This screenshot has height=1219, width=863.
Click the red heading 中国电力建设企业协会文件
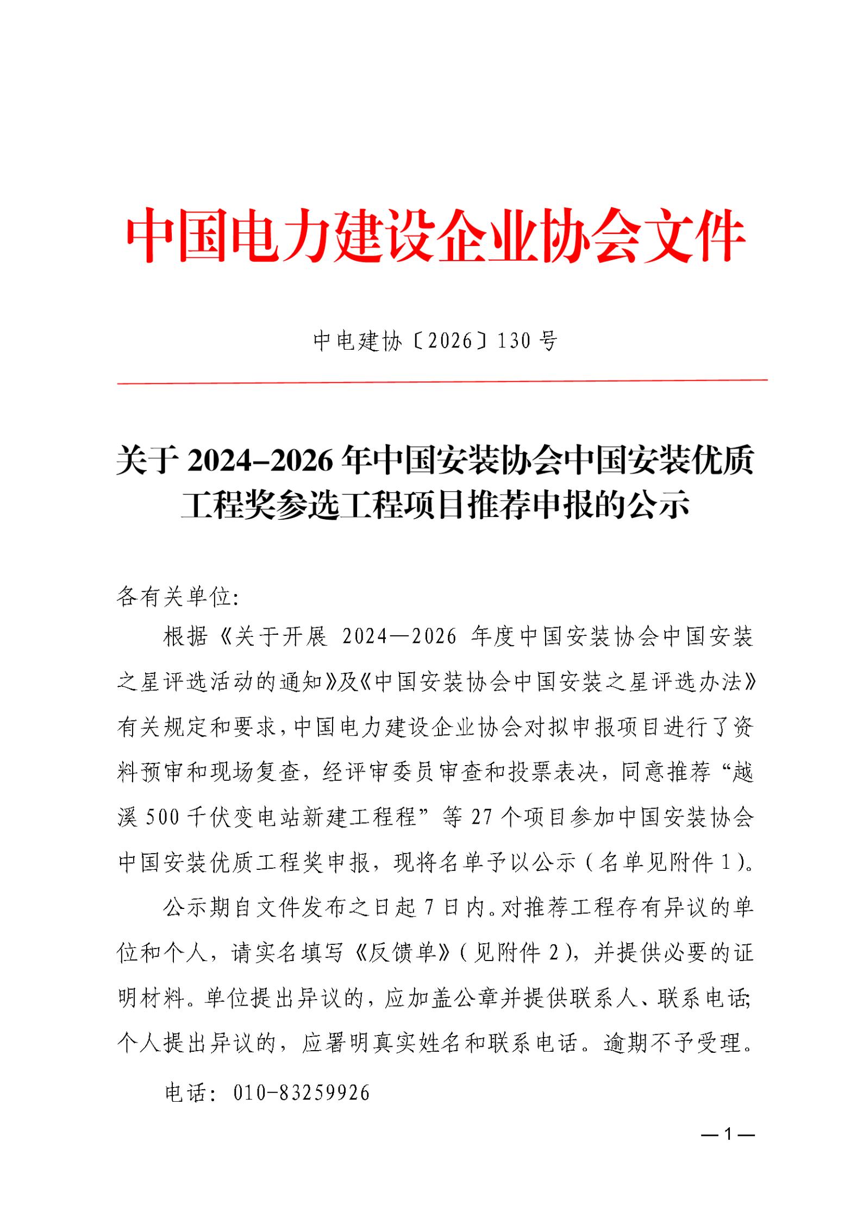click(x=435, y=237)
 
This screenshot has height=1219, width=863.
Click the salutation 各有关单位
click(x=173, y=598)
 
